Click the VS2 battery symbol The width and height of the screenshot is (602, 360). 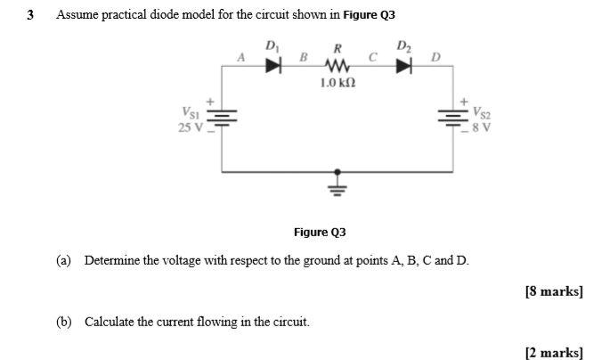tap(452, 119)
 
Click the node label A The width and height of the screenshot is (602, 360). tap(240, 58)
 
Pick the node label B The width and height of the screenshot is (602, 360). tap(303, 58)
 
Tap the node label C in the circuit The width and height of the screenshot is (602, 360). tap(373, 58)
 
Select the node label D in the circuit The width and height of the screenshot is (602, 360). tap(435, 58)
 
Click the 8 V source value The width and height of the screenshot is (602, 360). tap(486, 127)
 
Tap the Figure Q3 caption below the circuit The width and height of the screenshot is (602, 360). tap(320, 233)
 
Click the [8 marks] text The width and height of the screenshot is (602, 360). tap(554, 290)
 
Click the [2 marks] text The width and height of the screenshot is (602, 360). tap(554, 353)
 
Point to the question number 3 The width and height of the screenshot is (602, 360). tap(30, 15)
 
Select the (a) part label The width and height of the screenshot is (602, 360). tap(63, 260)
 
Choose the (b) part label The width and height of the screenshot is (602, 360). tap(63, 322)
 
